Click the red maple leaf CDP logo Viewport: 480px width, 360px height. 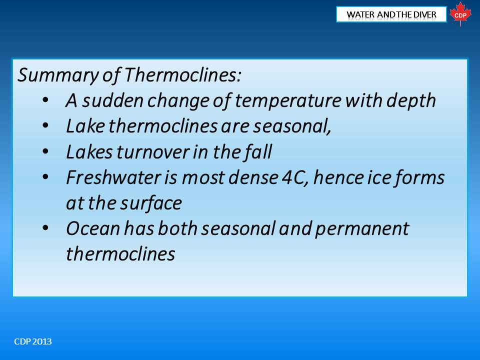point(460,14)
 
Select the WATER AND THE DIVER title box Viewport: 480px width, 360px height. point(391,14)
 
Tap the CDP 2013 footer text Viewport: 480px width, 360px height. point(33,341)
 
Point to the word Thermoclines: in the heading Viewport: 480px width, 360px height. point(183,74)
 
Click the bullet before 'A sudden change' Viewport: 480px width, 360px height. point(45,100)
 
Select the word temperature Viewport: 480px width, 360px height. point(288,101)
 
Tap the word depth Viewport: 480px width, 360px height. point(411,101)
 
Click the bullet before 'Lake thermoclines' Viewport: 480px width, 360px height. point(45,125)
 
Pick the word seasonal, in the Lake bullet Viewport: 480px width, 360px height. point(292,126)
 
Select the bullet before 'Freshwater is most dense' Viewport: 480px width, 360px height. point(45,177)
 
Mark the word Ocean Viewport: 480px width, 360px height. point(93,228)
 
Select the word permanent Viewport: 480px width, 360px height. point(362,229)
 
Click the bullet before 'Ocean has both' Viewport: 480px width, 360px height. point(45,228)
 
